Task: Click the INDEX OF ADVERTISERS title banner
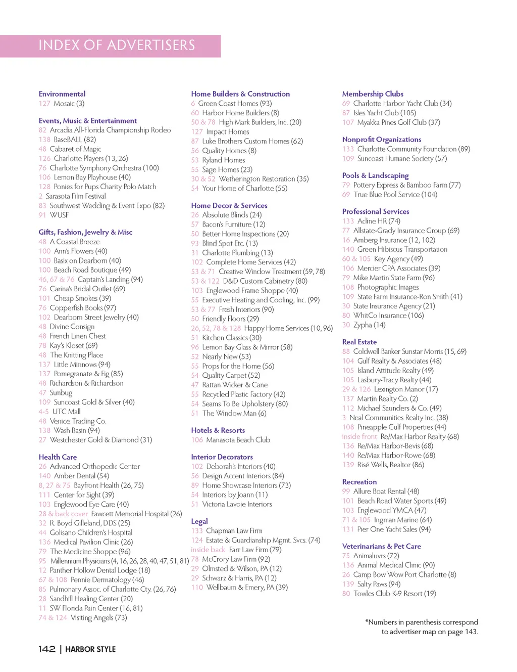coord(117,46)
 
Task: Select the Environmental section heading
coord(62,94)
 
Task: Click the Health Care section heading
coord(58,457)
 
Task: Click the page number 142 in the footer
coord(47,649)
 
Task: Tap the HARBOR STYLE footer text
coord(90,649)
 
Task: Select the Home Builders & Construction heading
coord(240,94)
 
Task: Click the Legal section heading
coord(199,521)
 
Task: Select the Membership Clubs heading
coord(373,94)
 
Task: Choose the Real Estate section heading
coord(359,342)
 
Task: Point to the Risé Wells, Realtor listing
coord(390,465)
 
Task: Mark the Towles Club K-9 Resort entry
coord(394,594)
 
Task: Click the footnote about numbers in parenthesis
coord(422,627)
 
